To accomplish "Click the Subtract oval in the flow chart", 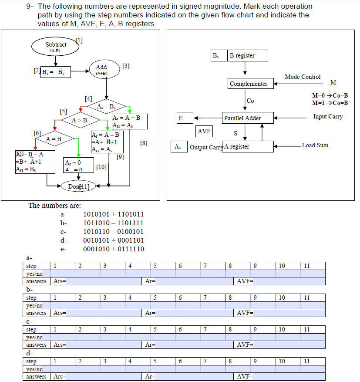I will coord(55,47).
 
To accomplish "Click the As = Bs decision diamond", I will coord(106,107).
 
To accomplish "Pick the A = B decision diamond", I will coord(54,139).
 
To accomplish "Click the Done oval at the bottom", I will coord(78,186).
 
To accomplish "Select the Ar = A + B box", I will coord(129,121).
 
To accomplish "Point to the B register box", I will coord(247,56).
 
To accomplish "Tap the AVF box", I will coord(204,131).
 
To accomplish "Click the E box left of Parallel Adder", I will coord(185,118).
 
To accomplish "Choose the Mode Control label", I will coord(303,77).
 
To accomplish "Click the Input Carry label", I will coord(328,117).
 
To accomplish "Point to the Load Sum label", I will coord(315,145).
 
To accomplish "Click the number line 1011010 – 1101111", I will coord(113,223).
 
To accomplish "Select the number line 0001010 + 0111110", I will coord(113,249).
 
